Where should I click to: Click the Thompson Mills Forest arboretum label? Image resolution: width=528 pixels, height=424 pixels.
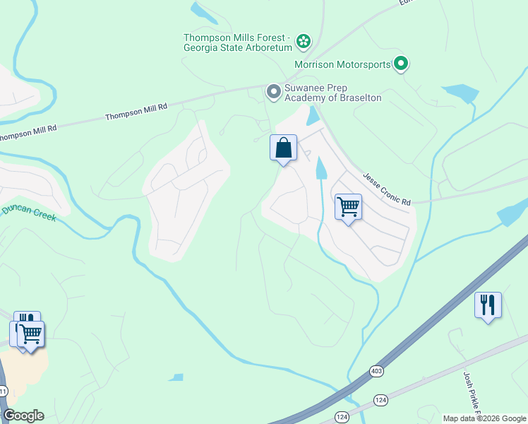(x=237, y=42)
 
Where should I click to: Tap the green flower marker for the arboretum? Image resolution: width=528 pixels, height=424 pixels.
(x=304, y=42)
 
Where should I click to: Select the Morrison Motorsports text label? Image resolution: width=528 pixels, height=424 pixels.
(x=342, y=65)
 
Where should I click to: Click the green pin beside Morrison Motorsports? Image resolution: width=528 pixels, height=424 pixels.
(x=401, y=65)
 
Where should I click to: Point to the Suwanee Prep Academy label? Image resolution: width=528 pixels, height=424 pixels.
(x=332, y=93)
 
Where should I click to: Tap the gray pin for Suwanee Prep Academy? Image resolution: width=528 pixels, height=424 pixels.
(x=273, y=92)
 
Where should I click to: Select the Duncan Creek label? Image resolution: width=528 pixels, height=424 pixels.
(x=28, y=213)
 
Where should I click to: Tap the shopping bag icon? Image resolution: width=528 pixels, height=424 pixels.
(x=283, y=148)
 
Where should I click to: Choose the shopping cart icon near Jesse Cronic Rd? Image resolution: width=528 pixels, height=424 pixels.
(x=348, y=207)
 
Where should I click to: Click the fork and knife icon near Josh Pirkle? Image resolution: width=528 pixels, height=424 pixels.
(x=488, y=305)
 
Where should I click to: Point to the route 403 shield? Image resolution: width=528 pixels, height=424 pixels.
(x=376, y=370)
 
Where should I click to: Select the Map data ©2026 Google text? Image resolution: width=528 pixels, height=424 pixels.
(x=484, y=418)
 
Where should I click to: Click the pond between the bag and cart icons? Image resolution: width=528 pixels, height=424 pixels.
(x=321, y=168)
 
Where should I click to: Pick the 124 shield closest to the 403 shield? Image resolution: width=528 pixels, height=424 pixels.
(x=380, y=401)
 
